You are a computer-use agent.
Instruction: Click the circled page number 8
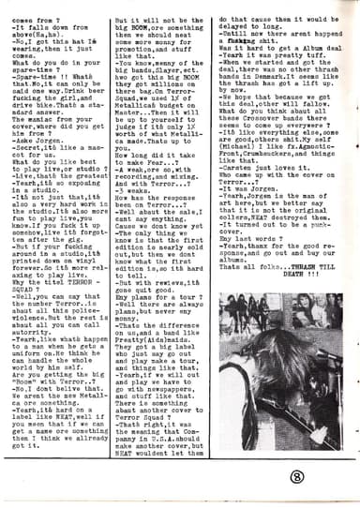[x=319, y=472]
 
